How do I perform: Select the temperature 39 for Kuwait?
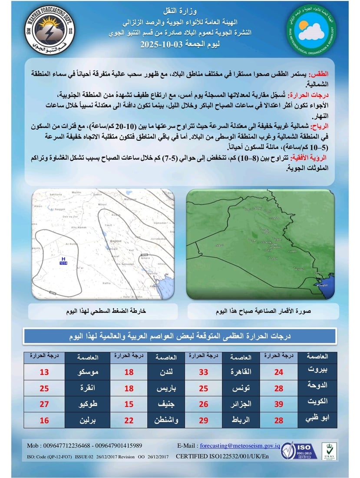[278, 404]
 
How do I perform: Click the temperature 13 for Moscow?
[44, 372]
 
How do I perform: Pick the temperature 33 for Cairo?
[204, 372]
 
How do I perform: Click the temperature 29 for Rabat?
[204, 420]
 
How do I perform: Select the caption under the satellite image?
[260, 312]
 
